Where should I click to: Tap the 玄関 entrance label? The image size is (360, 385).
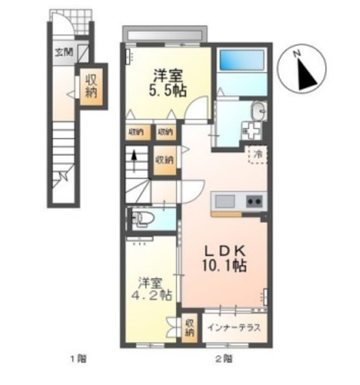65,52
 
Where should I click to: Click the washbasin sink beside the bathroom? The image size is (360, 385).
259,111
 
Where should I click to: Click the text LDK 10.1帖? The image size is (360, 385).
223,258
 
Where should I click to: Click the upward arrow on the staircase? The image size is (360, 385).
134,161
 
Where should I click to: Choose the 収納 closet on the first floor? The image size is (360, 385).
91,86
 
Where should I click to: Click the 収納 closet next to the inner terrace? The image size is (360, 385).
189,326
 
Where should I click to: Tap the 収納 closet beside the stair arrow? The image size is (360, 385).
165,159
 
